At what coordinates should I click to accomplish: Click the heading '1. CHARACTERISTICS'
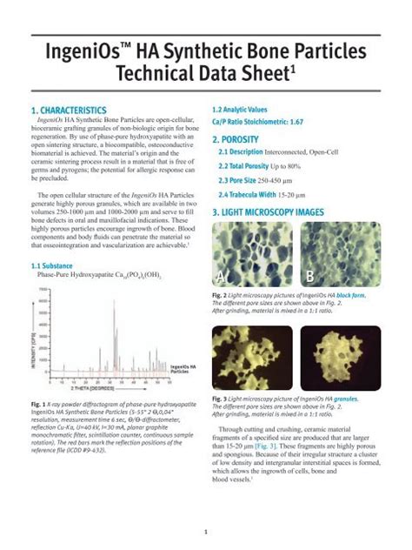click(x=69, y=111)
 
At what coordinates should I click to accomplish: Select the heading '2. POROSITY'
click(x=239, y=138)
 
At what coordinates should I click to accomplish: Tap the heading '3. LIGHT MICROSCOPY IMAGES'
click(x=277, y=212)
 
